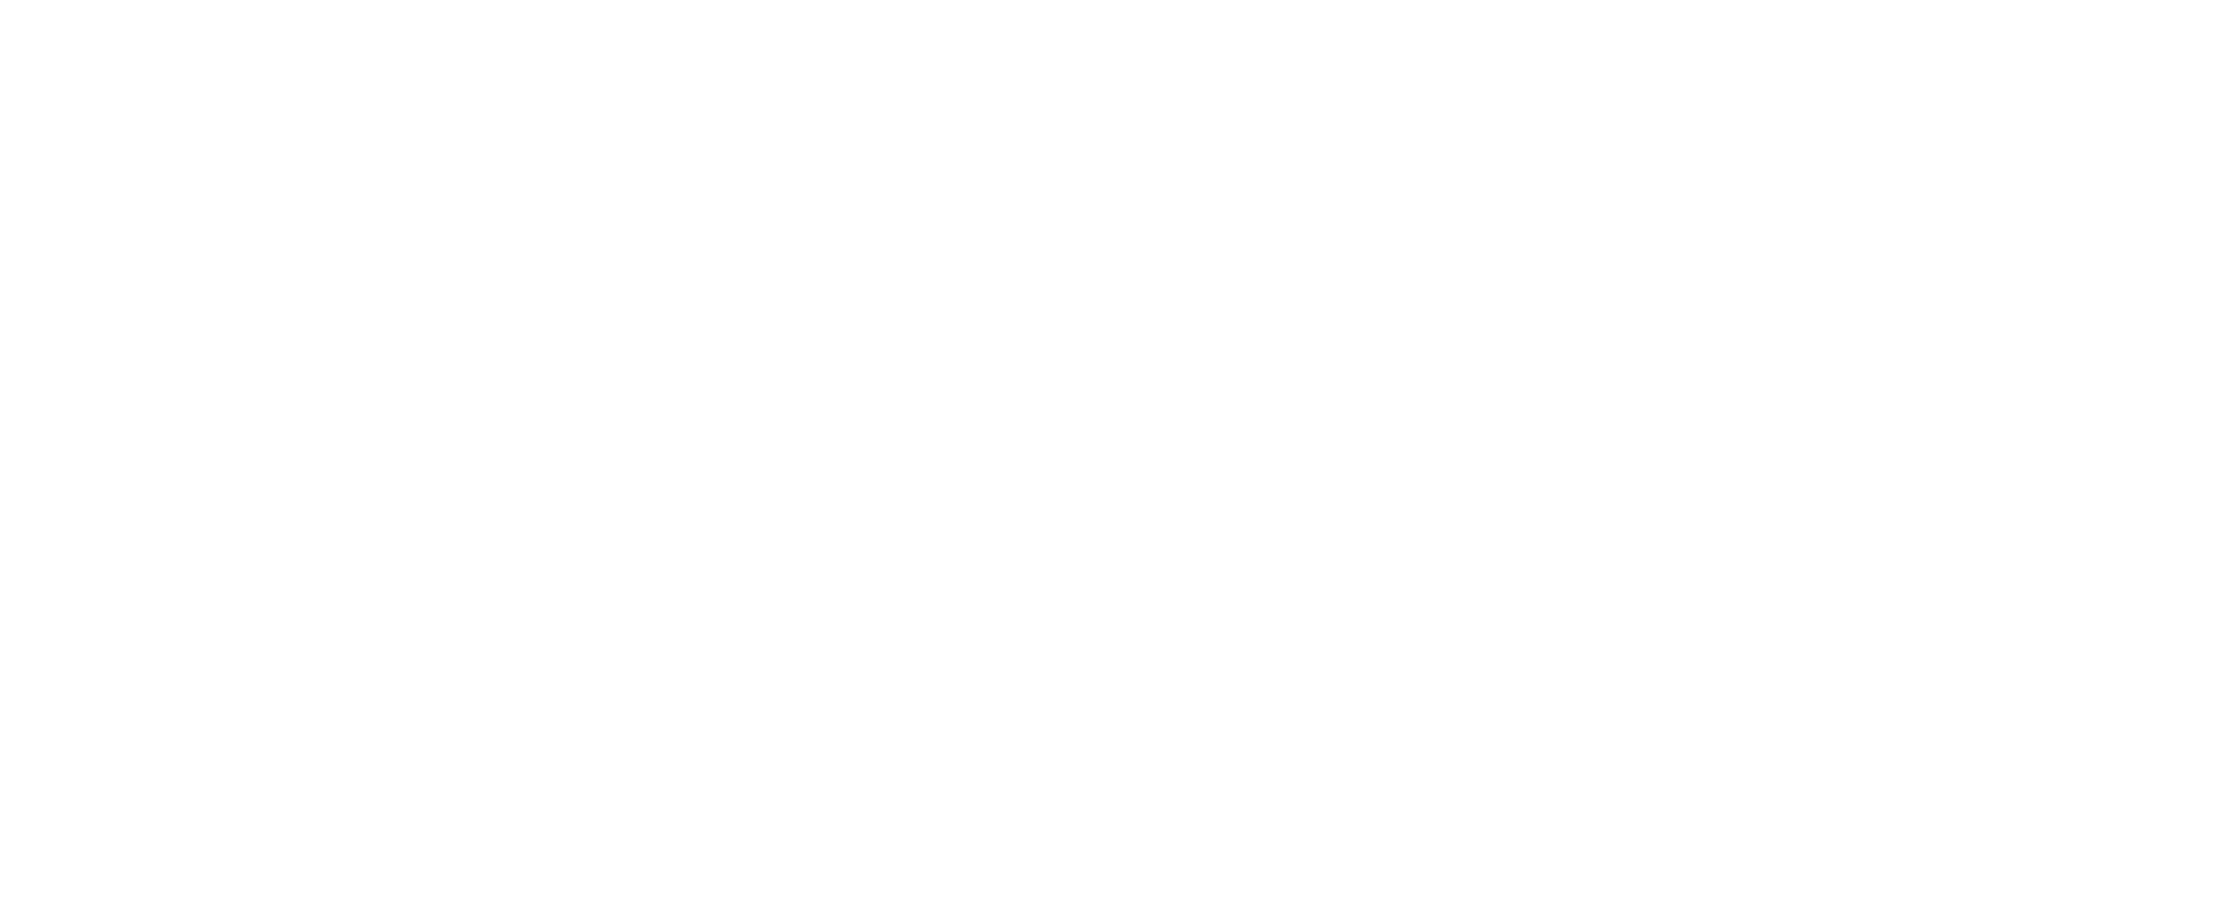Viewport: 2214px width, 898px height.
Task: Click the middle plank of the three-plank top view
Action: (x=1319, y=451)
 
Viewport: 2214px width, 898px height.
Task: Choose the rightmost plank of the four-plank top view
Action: (x=2105, y=451)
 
